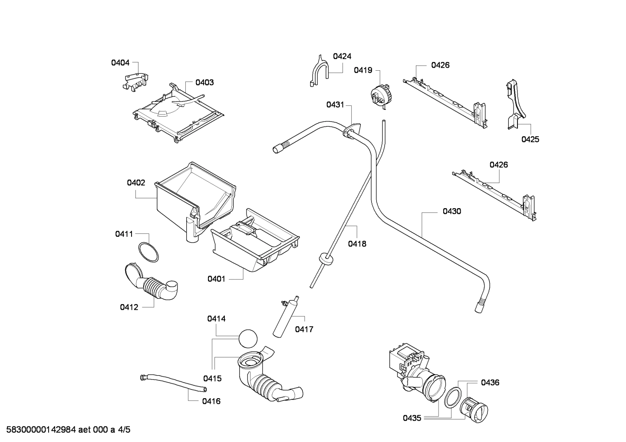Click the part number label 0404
[120, 62]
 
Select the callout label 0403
[204, 82]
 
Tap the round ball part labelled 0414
[248, 338]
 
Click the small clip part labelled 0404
[135, 82]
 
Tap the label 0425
[530, 139]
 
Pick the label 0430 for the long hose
[452, 211]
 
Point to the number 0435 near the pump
[412, 418]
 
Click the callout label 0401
[216, 279]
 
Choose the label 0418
[357, 244]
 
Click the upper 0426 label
[440, 65]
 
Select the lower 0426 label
[499, 165]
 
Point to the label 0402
[136, 183]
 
